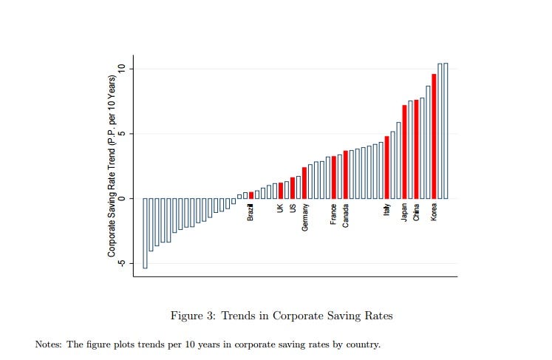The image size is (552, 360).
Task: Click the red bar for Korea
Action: click(434, 136)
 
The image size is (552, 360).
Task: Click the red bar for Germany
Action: click(304, 183)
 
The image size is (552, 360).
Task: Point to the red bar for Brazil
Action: click(251, 195)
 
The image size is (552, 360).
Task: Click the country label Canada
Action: click(346, 216)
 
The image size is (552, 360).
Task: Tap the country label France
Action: click(334, 214)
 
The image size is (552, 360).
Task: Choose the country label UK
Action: click(281, 208)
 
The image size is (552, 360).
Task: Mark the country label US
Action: click(293, 208)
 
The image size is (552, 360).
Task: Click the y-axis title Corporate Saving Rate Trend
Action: click(112, 166)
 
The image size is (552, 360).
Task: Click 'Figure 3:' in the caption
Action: click(194, 316)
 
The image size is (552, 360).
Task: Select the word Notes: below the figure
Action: click(48, 344)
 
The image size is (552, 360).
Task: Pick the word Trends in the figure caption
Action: click(238, 316)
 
